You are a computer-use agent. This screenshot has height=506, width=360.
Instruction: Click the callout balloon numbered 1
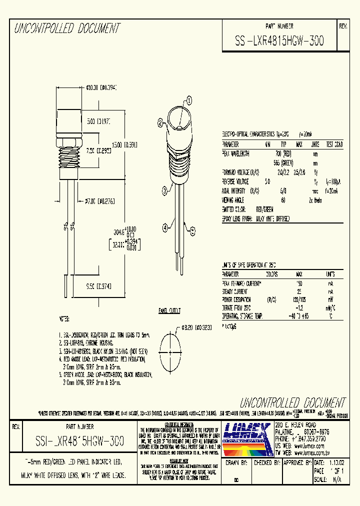[189, 99]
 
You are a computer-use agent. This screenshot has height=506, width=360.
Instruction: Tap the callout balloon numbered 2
[160, 122]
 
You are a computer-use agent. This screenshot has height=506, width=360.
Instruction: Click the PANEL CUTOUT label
[169, 310]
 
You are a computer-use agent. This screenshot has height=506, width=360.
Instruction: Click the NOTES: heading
[64, 318]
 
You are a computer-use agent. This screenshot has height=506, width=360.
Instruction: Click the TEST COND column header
[334, 144]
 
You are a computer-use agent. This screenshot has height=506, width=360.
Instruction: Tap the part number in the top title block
[279, 42]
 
